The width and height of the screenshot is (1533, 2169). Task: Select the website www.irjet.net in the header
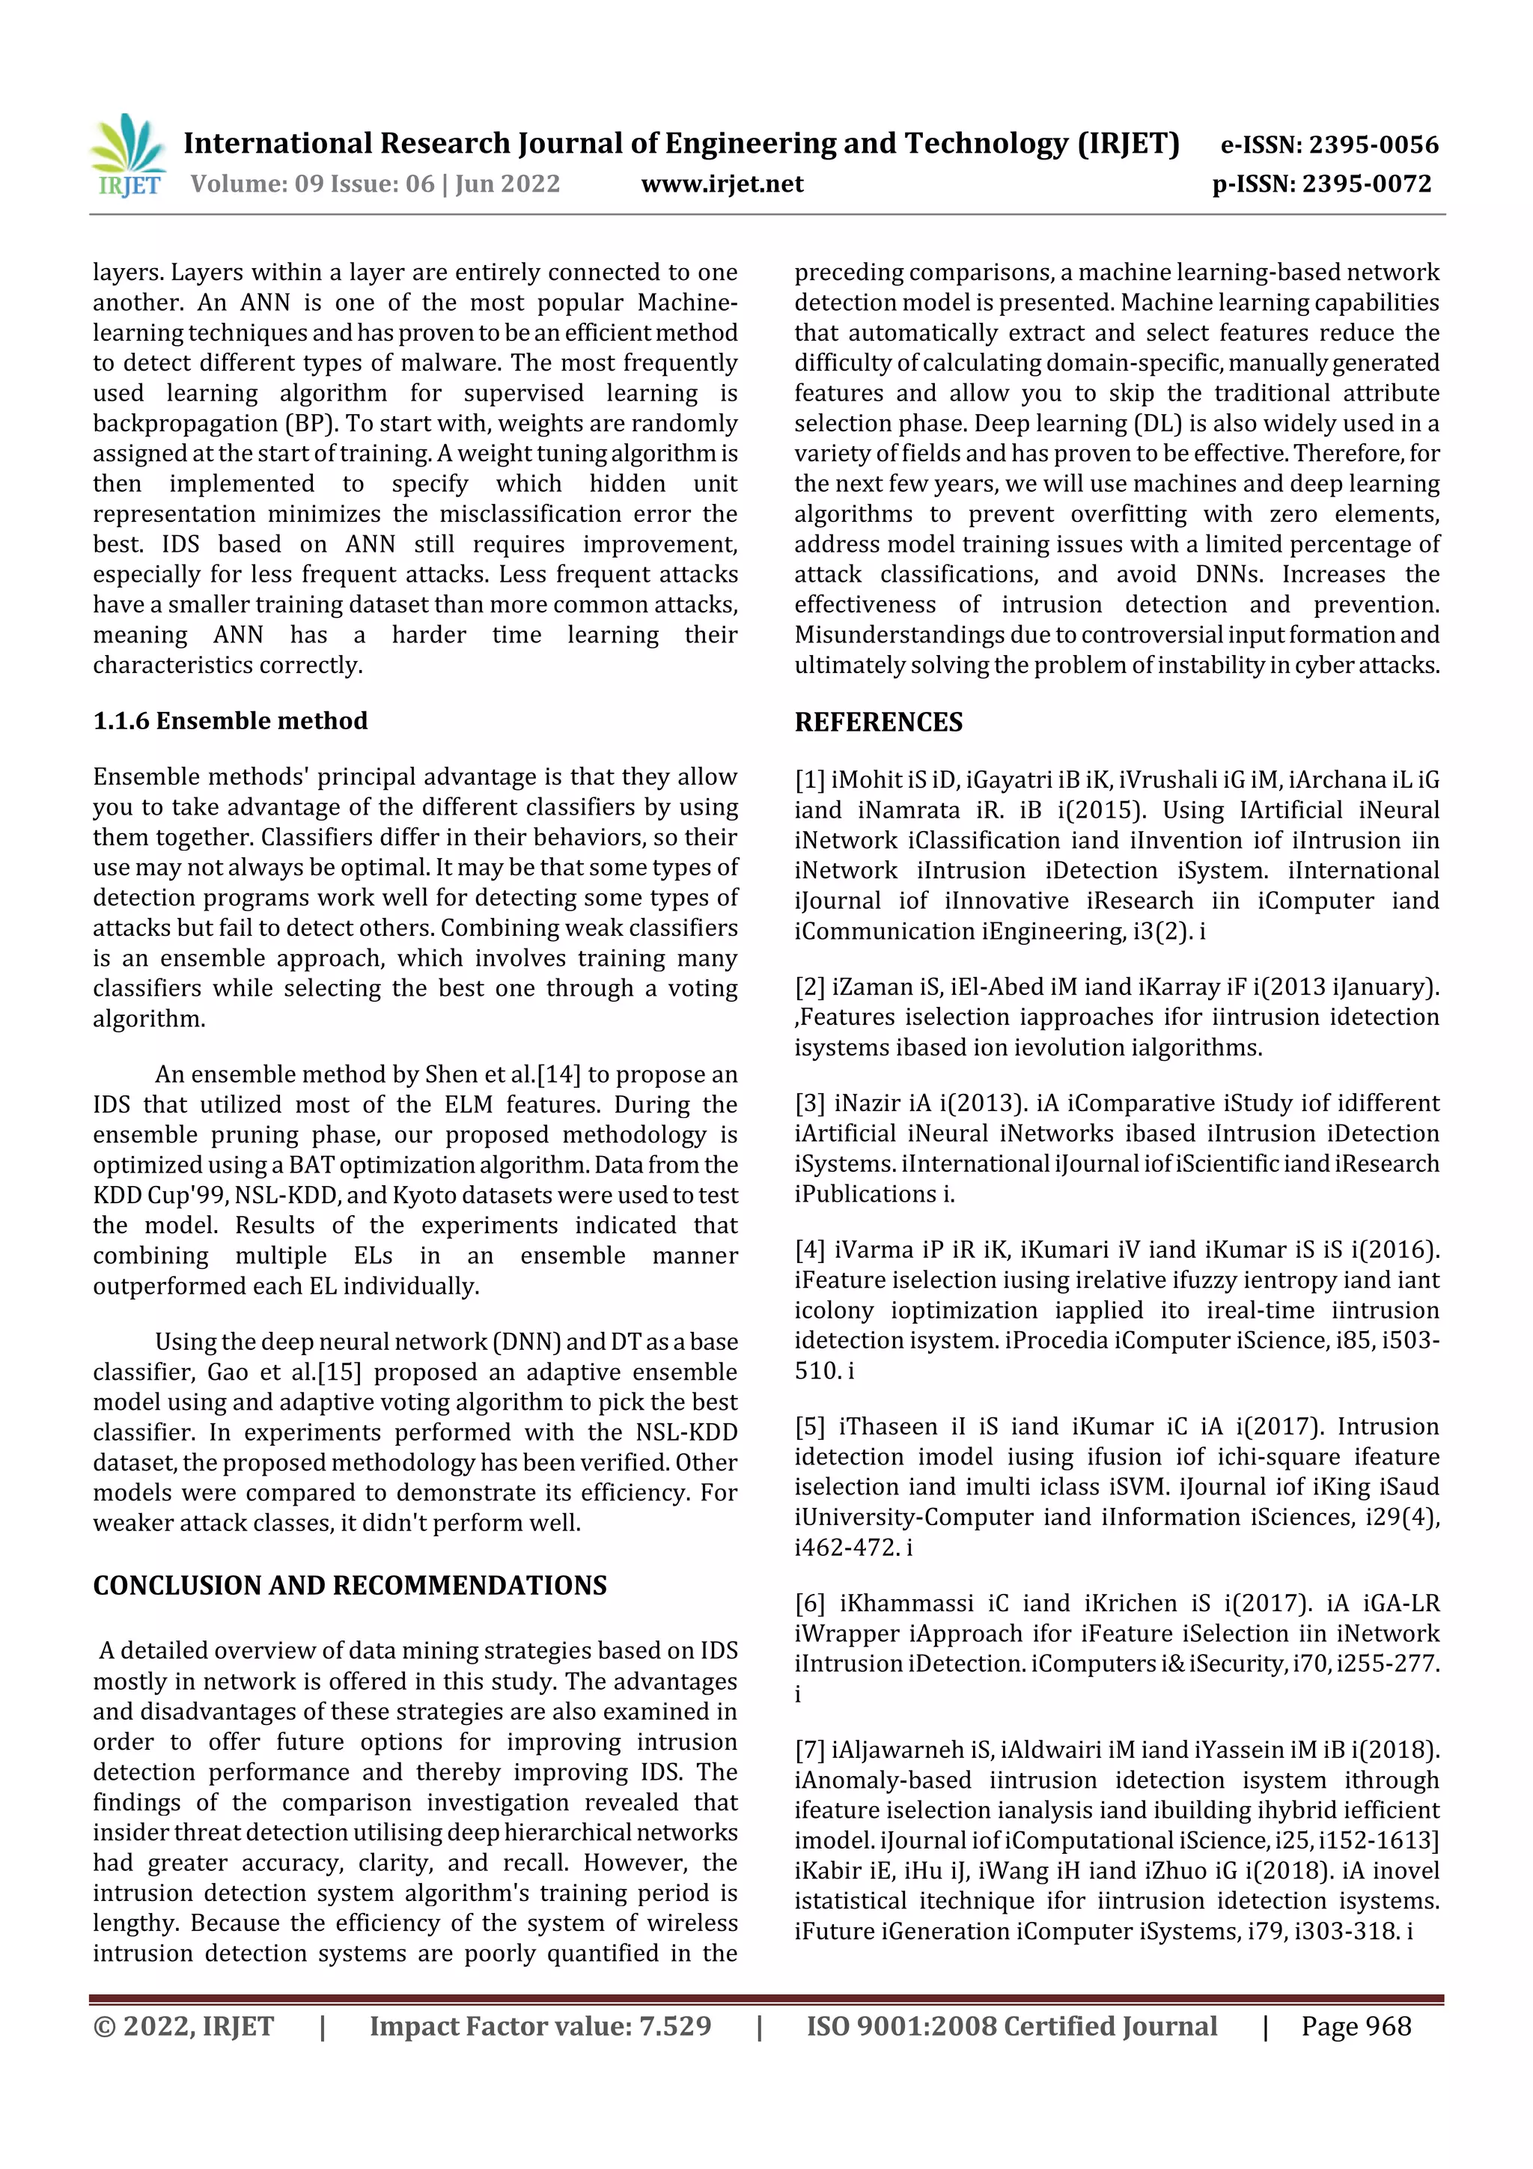(722, 184)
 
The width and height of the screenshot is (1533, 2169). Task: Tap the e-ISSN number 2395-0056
(1372, 145)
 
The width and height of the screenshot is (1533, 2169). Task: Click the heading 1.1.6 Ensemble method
(230, 721)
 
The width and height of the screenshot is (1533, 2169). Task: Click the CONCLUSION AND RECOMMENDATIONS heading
(350, 1585)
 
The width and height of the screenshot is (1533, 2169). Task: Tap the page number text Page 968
(1356, 2026)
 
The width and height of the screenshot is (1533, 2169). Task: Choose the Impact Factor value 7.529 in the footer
(674, 2026)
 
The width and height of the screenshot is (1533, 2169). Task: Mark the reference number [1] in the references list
(809, 780)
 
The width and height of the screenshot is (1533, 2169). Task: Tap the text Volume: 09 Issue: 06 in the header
(311, 184)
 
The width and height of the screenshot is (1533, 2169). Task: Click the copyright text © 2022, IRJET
(183, 2026)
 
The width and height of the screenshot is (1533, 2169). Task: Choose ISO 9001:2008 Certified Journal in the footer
(1011, 2026)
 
